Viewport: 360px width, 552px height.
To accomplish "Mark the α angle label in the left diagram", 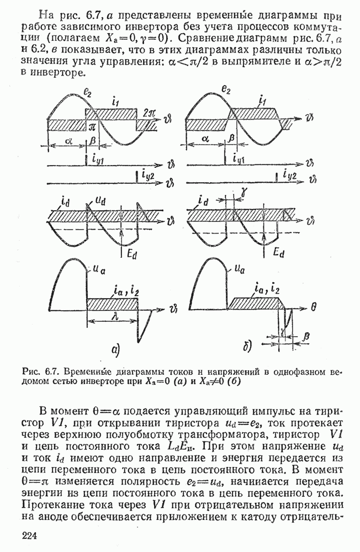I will tap(68, 142).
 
